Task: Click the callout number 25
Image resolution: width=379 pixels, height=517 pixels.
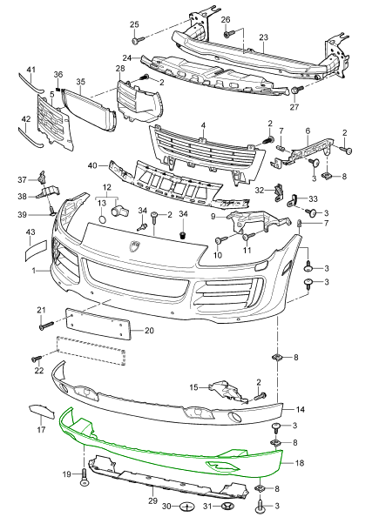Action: tap(134, 24)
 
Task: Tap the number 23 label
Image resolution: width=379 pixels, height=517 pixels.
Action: tap(263, 37)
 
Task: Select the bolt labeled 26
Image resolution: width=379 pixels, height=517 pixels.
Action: tap(229, 33)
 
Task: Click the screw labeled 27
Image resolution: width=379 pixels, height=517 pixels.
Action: tap(298, 90)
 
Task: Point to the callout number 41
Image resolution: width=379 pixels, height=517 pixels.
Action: tap(30, 70)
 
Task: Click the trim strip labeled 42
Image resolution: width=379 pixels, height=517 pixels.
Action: tap(30, 138)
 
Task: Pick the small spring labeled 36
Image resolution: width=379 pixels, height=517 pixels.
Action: tap(58, 88)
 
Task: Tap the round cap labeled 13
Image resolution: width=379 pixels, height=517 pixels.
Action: tap(103, 219)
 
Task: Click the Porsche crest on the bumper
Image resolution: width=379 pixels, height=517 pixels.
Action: tap(135, 246)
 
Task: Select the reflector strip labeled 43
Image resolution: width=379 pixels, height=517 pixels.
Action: tap(37, 251)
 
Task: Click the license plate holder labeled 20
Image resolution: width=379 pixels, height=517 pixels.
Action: tap(98, 323)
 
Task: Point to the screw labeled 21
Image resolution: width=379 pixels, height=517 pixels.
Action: tap(46, 325)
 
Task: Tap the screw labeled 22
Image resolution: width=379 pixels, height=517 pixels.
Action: tap(37, 358)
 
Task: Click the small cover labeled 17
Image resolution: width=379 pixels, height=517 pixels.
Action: tap(41, 412)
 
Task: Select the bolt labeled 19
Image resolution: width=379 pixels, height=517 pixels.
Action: tap(84, 476)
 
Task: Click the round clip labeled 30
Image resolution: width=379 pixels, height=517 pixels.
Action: tap(187, 506)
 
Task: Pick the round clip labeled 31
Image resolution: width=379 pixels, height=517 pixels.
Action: tap(227, 506)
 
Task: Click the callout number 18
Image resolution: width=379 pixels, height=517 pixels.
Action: tap(299, 463)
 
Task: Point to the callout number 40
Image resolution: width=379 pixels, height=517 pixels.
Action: tap(92, 164)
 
